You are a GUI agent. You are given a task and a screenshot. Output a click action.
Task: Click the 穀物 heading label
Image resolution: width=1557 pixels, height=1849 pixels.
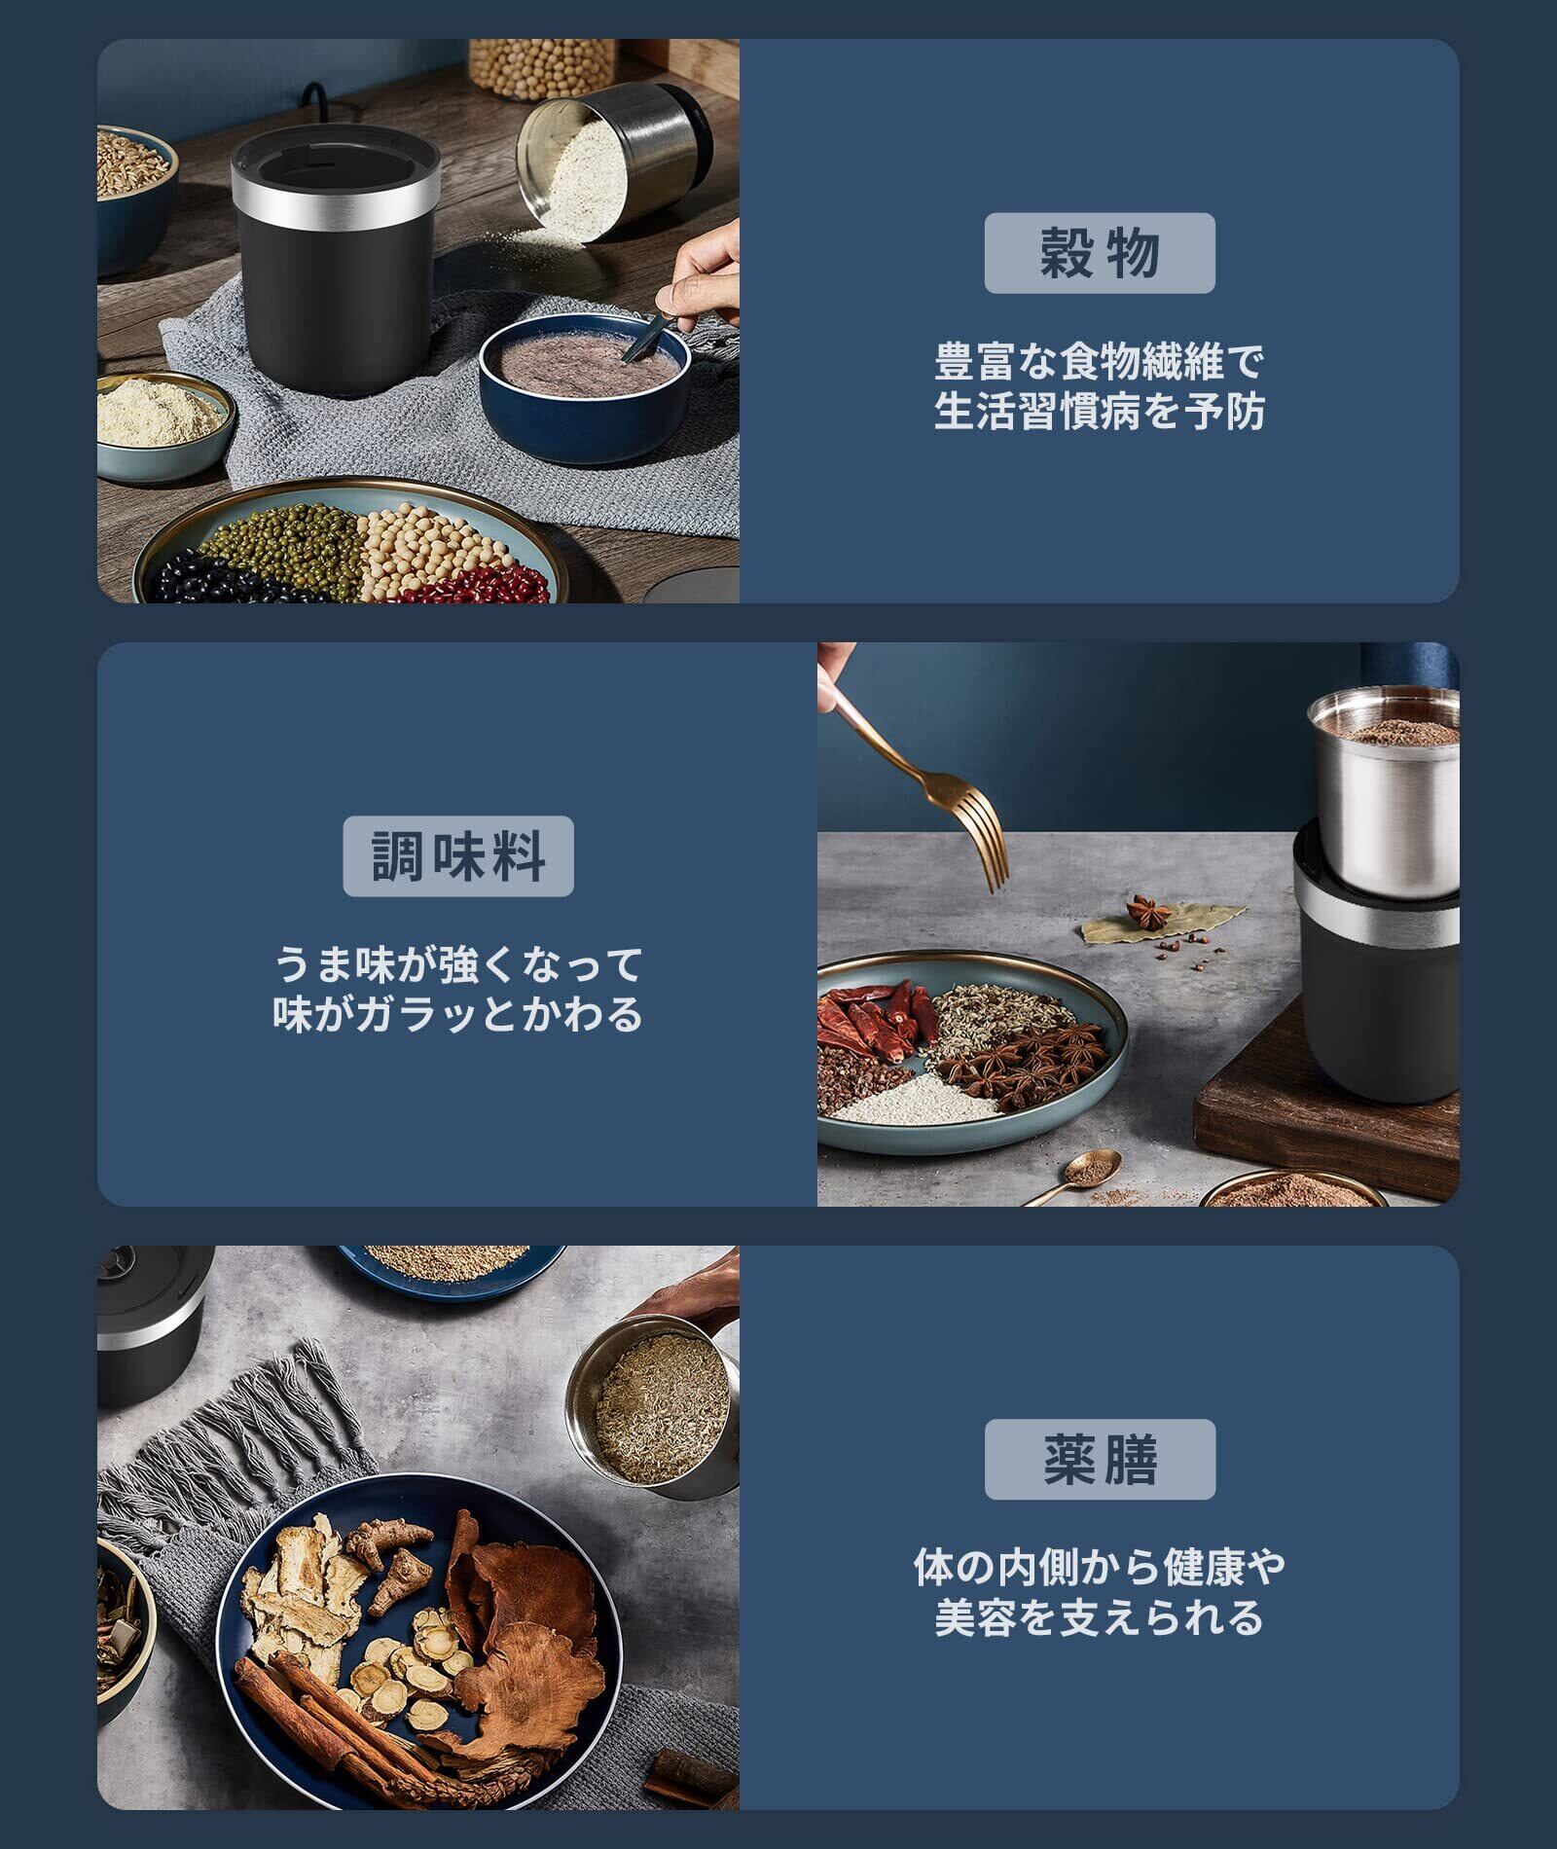click(x=1100, y=253)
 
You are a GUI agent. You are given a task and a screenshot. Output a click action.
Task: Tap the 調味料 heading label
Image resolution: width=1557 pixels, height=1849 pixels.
click(x=458, y=856)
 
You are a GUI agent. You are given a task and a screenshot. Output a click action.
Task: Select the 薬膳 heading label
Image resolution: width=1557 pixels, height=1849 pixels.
click(x=1100, y=1459)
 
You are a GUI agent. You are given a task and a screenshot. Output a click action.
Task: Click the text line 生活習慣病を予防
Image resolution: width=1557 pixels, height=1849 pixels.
click(x=1100, y=412)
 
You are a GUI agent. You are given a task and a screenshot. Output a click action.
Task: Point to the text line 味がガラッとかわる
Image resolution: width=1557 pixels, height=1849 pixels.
click(x=458, y=1014)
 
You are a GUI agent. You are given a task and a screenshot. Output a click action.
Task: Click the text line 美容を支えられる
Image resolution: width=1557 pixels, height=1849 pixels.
click(x=1100, y=1617)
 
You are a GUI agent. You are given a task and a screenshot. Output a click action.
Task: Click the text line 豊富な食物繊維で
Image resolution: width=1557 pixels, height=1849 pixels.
click(x=1100, y=362)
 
